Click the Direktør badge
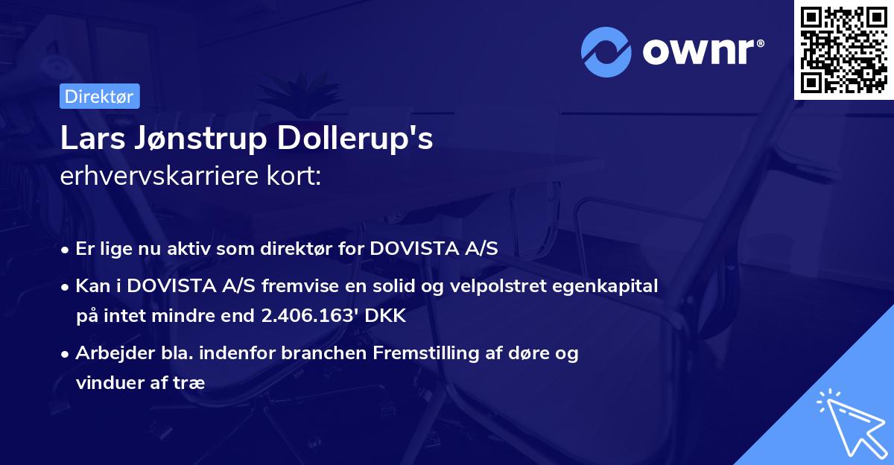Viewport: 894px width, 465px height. [99, 97]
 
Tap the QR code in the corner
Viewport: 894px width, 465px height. [844, 50]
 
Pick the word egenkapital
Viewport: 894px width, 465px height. [609, 287]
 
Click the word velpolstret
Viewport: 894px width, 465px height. [507, 287]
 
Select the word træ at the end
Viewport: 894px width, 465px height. [189, 382]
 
